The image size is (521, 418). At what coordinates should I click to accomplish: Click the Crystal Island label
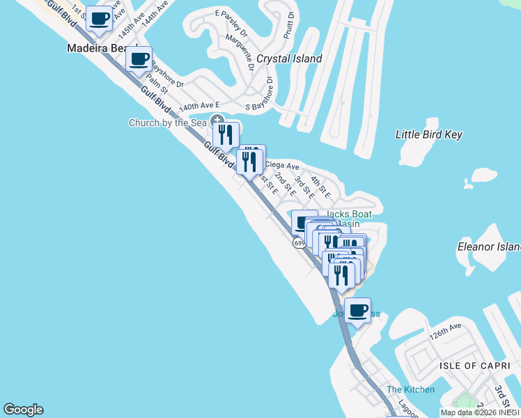coord(289,59)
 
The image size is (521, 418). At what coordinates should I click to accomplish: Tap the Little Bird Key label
coord(428,134)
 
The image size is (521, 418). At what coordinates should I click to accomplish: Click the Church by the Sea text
coord(168,123)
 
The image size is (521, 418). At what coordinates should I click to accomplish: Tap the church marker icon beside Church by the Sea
coord(217,121)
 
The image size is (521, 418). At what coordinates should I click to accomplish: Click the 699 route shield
coord(299,242)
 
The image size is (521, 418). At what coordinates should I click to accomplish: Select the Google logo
coord(23,410)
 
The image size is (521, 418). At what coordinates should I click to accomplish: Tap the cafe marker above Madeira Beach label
coord(100,19)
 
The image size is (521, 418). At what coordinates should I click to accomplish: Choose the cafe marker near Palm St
coord(139,59)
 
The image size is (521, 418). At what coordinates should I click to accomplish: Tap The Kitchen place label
coord(410,389)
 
